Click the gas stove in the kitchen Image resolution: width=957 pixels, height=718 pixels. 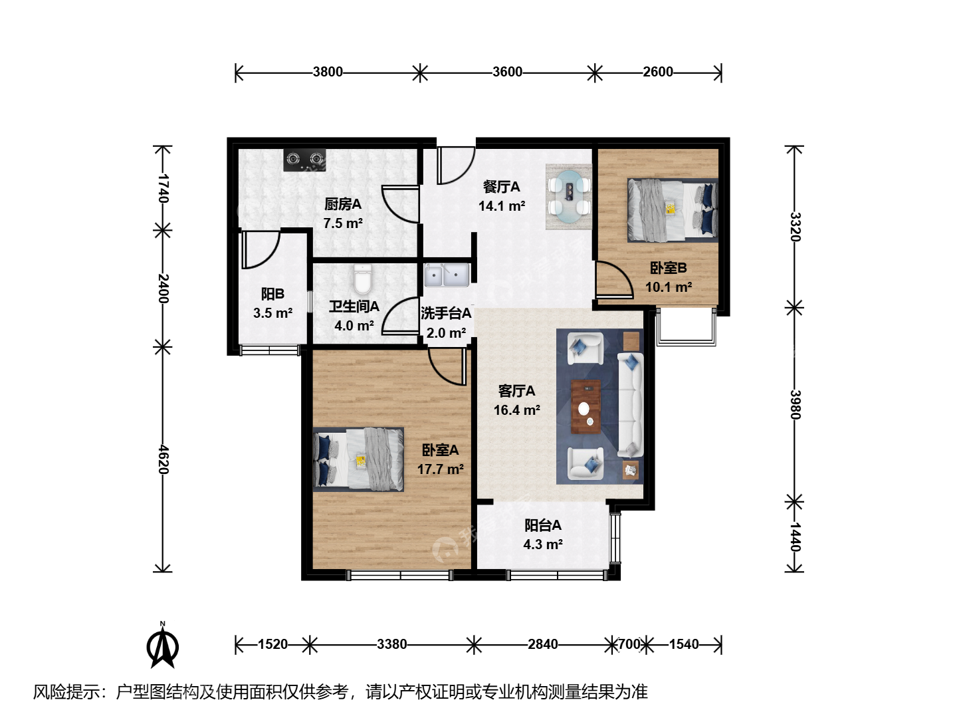point(305,160)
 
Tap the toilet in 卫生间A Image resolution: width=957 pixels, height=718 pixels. point(363,279)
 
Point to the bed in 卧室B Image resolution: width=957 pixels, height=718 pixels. point(673,210)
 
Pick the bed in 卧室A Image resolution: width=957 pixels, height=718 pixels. point(358,459)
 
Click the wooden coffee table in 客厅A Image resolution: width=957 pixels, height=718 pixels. point(585,407)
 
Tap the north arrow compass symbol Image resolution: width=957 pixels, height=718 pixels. point(163,645)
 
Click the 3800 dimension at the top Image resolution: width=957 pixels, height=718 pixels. point(328,72)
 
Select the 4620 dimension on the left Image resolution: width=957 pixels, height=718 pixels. point(163,459)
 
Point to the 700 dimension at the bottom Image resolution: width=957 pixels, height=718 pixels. point(629,644)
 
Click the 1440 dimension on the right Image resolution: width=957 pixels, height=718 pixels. point(795,537)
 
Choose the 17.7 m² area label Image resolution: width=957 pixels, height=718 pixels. point(441,469)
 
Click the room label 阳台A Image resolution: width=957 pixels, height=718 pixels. point(543,525)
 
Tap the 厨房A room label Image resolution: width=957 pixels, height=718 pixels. point(343,204)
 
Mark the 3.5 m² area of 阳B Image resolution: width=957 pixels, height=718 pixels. point(273,312)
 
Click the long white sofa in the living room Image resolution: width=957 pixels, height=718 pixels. point(631,405)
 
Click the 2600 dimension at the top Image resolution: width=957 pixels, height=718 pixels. point(658,72)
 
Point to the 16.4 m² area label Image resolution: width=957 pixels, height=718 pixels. point(516,410)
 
